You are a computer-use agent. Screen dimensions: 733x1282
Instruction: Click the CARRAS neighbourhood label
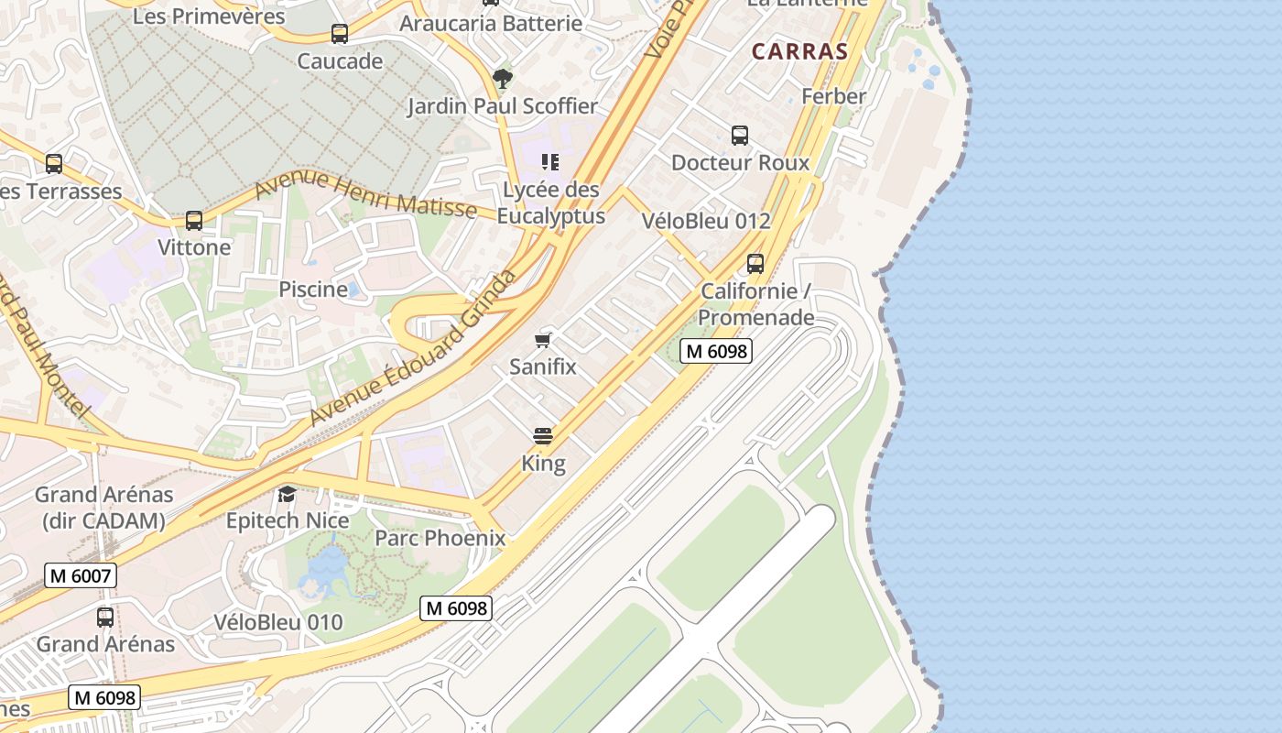pyautogui.click(x=800, y=51)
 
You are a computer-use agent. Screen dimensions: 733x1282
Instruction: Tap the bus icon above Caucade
pyautogui.click(x=340, y=34)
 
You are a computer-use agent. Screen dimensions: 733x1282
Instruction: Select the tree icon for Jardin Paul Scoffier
pyautogui.click(x=502, y=78)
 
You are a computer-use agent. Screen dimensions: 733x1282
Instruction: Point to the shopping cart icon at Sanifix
pyautogui.click(x=543, y=340)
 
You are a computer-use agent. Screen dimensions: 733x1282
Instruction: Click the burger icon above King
pyautogui.click(x=543, y=435)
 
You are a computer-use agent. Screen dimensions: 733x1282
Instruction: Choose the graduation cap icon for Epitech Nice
pyautogui.click(x=288, y=494)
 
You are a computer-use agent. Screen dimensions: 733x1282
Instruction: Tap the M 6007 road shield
pyautogui.click(x=81, y=575)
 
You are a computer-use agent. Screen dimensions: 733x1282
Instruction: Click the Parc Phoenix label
pyautogui.click(x=440, y=538)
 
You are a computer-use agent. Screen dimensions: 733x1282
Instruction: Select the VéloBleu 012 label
pyautogui.click(x=706, y=221)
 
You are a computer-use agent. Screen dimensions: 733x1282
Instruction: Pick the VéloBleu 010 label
pyautogui.click(x=278, y=622)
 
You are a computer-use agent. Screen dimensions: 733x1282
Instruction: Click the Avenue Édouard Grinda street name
pyautogui.click(x=413, y=348)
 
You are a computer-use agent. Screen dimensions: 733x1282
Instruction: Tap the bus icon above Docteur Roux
pyautogui.click(x=740, y=136)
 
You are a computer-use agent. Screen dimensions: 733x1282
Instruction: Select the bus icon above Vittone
pyautogui.click(x=194, y=220)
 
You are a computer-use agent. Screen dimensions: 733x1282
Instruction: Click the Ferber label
pyautogui.click(x=833, y=96)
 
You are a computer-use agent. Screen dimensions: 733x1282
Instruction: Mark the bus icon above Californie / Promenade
pyautogui.click(x=755, y=264)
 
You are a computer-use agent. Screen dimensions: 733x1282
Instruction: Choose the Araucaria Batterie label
pyautogui.click(x=491, y=24)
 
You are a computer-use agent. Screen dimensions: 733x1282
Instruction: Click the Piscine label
pyautogui.click(x=313, y=290)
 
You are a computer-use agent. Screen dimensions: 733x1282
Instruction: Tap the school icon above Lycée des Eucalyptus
pyautogui.click(x=549, y=162)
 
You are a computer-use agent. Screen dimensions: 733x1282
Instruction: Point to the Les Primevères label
pyautogui.click(x=209, y=16)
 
